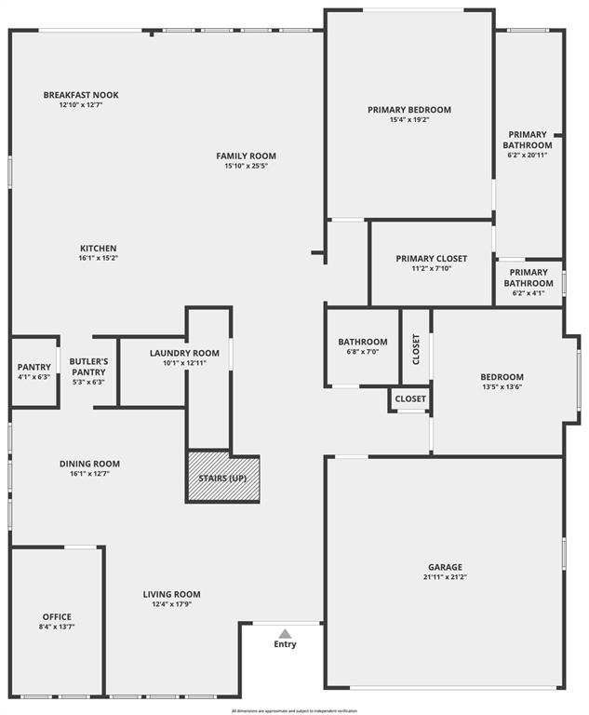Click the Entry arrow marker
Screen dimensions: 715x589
(285, 633)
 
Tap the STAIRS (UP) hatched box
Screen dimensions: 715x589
(223, 478)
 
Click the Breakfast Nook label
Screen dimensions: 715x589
(81, 95)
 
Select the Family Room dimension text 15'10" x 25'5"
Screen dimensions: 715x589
(246, 167)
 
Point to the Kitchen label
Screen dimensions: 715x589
(98, 248)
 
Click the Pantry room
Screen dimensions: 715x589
(33, 371)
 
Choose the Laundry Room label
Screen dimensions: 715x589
(184, 353)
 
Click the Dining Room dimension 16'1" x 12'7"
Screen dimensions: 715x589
(89, 474)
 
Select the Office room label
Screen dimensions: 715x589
(57, 616)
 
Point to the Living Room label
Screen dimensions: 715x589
(171, 594)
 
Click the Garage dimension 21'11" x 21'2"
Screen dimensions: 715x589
(445, 577)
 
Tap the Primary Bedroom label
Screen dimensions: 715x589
(409, 110)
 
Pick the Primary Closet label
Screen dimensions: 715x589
(431, 258)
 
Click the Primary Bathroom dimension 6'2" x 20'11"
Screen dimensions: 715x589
(528, 155)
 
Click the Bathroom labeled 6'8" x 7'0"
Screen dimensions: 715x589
(362, 347)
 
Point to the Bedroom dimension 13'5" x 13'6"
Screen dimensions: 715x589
(502, 387)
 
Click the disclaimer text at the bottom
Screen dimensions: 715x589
(294, 710)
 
